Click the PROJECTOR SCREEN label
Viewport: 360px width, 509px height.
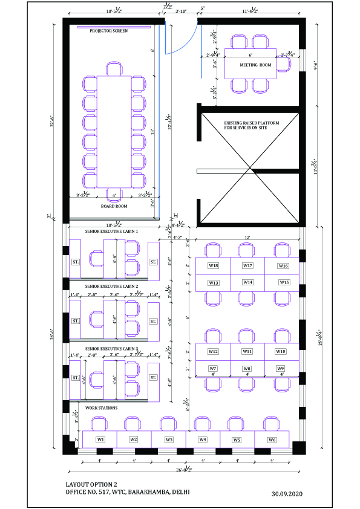click(x=109, y=31)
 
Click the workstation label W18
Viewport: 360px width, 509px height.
click(x=214, y=266)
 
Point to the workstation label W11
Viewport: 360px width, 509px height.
click(x=247, y=351)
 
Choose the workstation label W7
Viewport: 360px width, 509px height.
click(x=213, y=368)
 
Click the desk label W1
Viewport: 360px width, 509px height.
click(x=100, y=439)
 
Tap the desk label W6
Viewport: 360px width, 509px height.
click(x=272, y=439)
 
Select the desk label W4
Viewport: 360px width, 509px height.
click(x=203, y=439)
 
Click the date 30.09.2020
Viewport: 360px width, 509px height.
click(x=287, y=494)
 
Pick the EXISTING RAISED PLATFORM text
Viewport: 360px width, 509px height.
click(x=251, y=125)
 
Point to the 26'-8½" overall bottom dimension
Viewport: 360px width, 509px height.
click(x=185, y=469)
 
